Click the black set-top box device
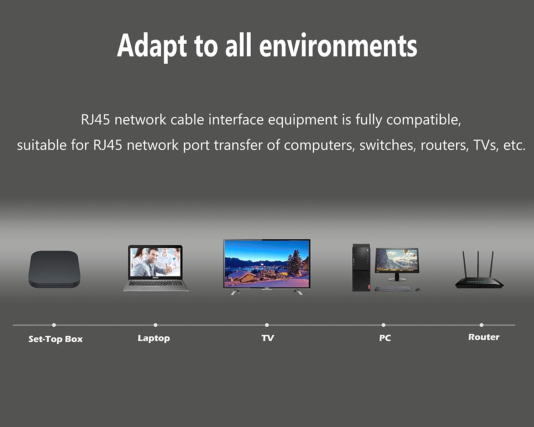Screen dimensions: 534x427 (54, 269)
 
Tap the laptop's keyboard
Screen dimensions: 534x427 (156, 283)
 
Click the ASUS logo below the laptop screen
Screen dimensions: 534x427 (155, 278)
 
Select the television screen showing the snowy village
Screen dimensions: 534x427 (267, 263)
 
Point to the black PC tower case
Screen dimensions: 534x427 (361, 268)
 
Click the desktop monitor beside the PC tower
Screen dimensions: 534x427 (397, 263)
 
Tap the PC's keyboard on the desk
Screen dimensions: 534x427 (392, 289)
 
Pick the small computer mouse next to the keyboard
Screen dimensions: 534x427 (417, 290)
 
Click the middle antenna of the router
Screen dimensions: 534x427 (478, 264)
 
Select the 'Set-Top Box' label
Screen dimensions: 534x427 (55, 339)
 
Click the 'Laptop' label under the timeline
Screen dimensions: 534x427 (154, 338)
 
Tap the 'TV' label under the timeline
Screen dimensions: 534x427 (268, 338)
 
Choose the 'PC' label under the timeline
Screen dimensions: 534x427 (385, 338)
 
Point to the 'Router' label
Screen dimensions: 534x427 (484, 337)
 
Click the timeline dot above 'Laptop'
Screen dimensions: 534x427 (155, 325)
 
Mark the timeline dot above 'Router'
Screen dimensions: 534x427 (481, 325)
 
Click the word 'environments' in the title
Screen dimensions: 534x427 (338, 46)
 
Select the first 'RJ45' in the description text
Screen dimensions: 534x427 (95, 120)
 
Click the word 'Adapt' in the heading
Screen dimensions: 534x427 (152, 47)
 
